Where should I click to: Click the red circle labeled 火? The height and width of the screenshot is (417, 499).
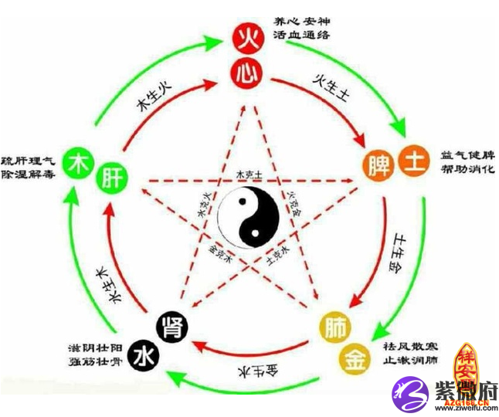pyautogui.click(x=249, y=36)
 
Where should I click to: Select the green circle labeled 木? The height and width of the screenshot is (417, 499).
pyautogui.click(x=78, y=163)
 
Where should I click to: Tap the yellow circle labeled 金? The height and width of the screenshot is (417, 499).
pyautogui.click(x=355, y=357)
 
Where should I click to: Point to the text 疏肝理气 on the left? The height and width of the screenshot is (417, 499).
pyautogui.click(x=28, y=160)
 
